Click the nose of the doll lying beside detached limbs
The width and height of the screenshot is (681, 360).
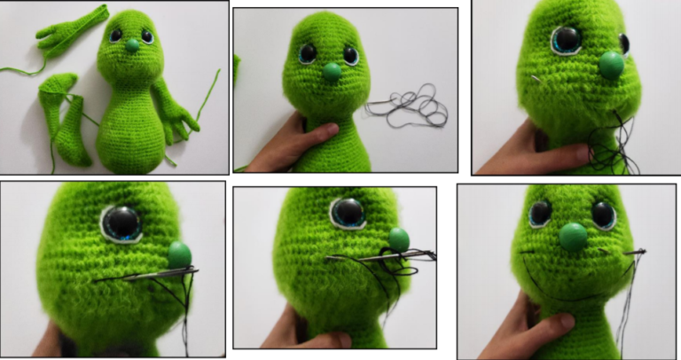(132, 43)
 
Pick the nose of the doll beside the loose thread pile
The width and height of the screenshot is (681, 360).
(332, 73)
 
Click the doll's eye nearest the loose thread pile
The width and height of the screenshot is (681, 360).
(350, 55)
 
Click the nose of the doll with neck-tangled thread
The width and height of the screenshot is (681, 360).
(612, 64)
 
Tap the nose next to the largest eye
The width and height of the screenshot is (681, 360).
(180, 254)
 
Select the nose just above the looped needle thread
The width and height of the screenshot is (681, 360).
(398, 239)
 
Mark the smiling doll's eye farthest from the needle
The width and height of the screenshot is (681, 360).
(539, 214)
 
